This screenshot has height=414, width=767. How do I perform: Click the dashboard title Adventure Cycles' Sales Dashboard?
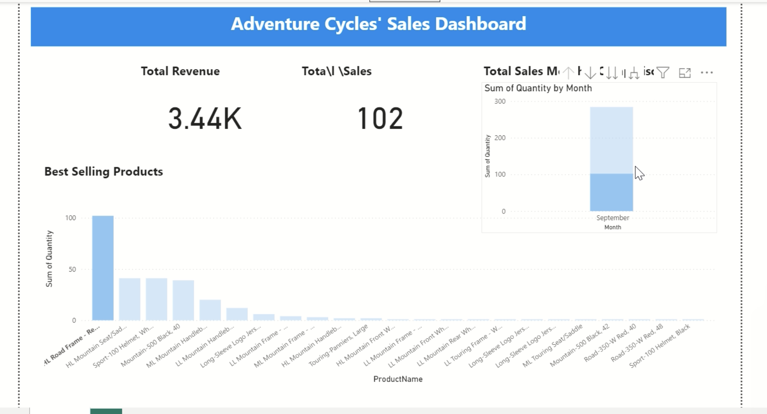click(378, 24)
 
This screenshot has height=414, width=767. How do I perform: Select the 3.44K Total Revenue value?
click(205, 119)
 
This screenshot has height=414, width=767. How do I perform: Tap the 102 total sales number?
click(380, 119)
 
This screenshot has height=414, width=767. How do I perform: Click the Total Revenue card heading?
click(180, 71)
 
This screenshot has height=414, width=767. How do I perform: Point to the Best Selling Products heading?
click(103, 172)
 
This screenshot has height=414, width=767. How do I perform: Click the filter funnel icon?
click(663, 72)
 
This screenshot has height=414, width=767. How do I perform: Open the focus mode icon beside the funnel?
click(685, 72)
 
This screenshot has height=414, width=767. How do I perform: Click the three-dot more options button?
click(706, 72)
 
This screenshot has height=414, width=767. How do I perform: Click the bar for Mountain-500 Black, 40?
click(183, 300)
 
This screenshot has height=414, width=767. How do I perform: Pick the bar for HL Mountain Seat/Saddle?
click(130, 299)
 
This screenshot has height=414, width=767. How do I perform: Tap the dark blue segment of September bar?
click(611, 192)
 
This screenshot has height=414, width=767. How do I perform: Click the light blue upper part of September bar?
click(611, 140)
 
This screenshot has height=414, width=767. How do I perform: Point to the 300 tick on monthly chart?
click(500, 101)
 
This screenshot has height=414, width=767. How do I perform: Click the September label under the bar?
click(613, 218)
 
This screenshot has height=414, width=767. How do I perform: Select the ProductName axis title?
click(397, 379)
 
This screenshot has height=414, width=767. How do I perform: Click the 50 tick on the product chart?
click(72, 269)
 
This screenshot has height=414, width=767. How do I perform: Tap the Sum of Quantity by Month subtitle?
click(538, 88)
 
